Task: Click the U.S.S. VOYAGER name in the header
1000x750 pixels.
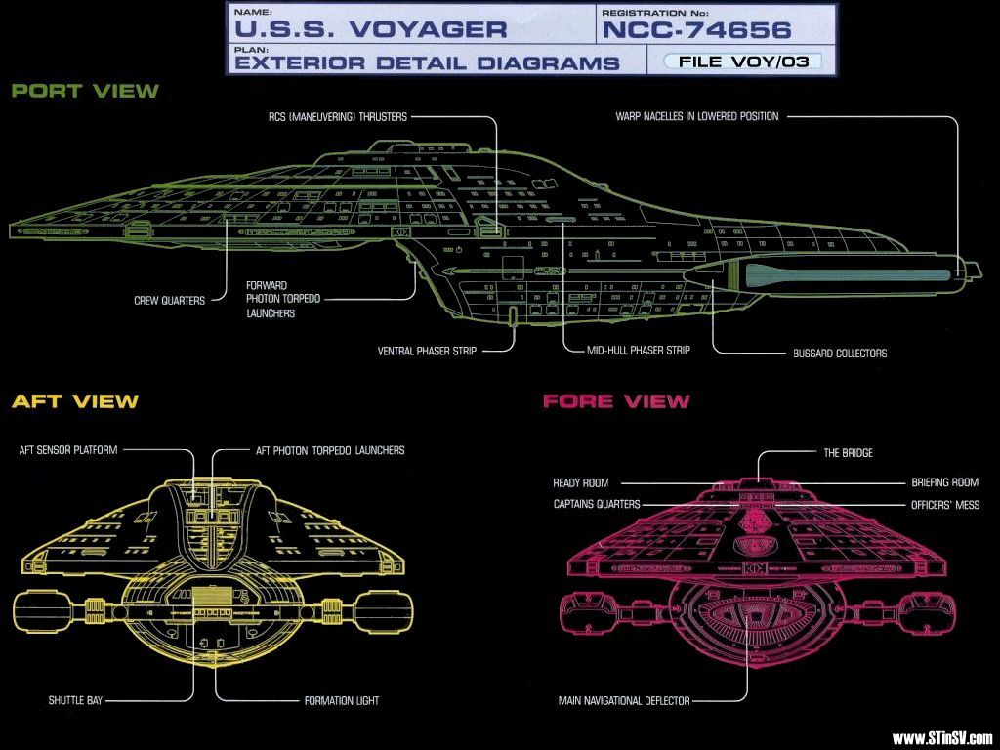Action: click(x=371, y=27)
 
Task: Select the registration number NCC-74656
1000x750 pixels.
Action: click(x=696, y=28)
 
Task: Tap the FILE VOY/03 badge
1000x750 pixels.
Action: click(x=742, y=62)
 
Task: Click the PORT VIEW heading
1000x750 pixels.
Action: click(x=85, y=91)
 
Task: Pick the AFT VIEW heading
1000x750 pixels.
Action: click(x=75, y=401)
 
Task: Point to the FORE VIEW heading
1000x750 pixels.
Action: click(x=616, y=401)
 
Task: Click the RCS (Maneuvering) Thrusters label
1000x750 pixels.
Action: click(x=339, y=116)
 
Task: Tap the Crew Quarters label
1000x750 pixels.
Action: click(x=169, y=301)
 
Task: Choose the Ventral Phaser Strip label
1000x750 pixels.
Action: click(x=428, y=351)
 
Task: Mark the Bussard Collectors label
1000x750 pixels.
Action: click(x=840, y=354)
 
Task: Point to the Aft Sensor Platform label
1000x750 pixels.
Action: click(x=68, y=451)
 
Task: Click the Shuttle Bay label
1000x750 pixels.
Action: click(x=75, y=700)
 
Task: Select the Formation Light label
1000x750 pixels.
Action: click(x=342, y=700)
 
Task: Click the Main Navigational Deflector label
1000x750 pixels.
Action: click(x=624, y=700)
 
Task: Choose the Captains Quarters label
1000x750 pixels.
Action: click(x=597, y=505)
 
